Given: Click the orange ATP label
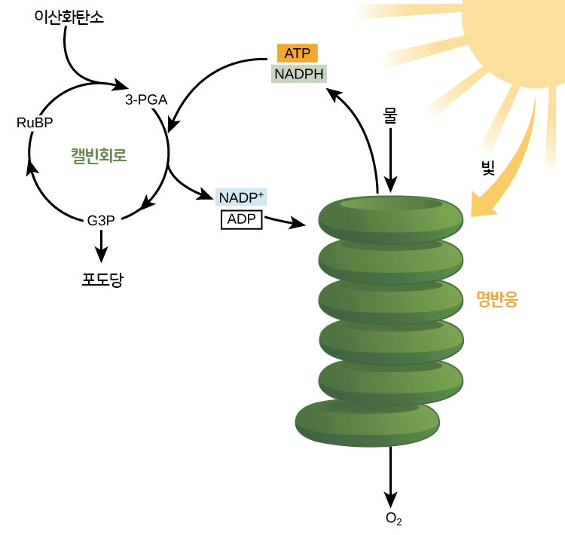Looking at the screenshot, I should click(x=298, y=53).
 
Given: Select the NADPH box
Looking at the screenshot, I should click(x=299, y=74).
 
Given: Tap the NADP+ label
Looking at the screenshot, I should click(x=241, y=197).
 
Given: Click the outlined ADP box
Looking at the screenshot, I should click(x=241, y=219).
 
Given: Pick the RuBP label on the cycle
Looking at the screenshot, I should click(x=35, y=123).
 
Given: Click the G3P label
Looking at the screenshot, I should click(x=100, y=221).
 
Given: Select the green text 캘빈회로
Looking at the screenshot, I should click(x=99, y=157).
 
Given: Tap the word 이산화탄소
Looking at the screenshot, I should click(x=69, y=16).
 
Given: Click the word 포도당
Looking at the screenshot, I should click(x=102, y=280).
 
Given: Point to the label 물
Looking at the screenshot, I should click(x=390, y=116).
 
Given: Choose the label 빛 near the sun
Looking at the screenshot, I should click(x=488, y=167).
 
